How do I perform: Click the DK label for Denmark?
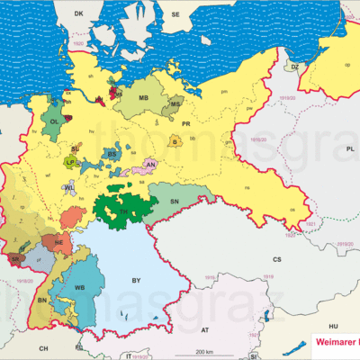(78, 14)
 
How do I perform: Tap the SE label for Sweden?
(176, 15)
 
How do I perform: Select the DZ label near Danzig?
(293, 66)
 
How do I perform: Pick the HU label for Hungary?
(332, 325)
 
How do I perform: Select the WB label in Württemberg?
(80, 287)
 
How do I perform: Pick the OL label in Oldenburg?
(55, 121)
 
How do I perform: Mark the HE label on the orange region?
(58, 243)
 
